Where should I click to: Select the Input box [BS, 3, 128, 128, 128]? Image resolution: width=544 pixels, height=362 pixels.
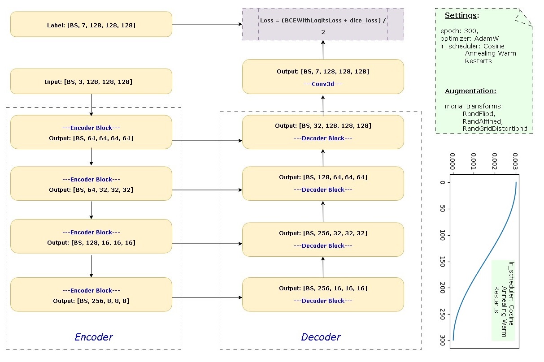pos(91,82)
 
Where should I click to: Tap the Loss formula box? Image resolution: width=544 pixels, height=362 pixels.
pos(323,24)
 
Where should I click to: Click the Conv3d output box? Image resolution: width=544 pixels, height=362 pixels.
pos(323,77)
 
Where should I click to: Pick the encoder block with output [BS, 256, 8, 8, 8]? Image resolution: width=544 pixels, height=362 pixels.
pos(91,294)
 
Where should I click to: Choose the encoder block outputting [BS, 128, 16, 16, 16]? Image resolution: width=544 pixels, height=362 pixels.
pos(91,237)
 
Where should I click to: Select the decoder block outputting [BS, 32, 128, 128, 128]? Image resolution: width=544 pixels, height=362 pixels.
pos(323,132)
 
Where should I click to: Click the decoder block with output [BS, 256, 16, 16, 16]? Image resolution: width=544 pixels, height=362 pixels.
pos(323,294)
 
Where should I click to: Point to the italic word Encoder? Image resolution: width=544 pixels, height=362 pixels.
pos(94,337)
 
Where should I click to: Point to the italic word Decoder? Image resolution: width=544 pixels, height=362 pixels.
pos(321,337)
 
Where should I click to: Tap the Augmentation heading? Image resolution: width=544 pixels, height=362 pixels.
pos(470,91)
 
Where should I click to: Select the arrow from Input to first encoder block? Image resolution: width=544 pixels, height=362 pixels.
pos(91,104)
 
